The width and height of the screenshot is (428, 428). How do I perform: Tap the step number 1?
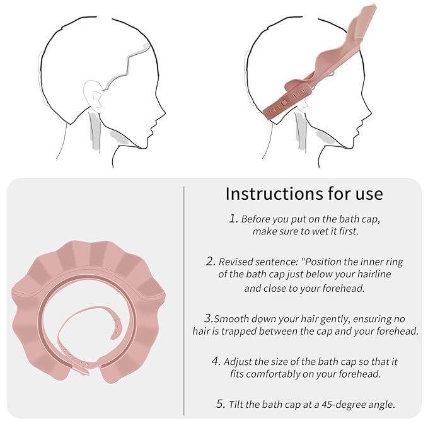coord(233,218)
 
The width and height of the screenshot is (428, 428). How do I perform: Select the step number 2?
coord(211,261)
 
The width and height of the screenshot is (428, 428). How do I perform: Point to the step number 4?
coord(216,361)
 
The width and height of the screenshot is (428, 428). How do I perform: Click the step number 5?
coord(220,403)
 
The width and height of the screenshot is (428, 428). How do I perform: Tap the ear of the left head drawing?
coord(93,95)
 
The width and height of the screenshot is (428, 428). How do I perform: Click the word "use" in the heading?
coord(369,194)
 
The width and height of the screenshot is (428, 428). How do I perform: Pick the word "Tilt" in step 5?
coord(236,404)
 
